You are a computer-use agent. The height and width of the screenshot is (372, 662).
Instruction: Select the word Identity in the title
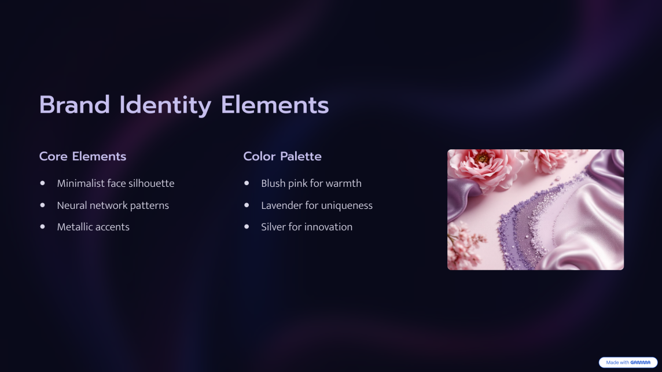pyautogui.click(x=165, y=105)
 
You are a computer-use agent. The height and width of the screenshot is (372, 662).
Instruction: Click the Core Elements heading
pyautogui.click(x=83, y=156)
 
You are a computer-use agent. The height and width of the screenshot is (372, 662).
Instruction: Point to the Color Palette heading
pyautogui.click(x=282, y=156)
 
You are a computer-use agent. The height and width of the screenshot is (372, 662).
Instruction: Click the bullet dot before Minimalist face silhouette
pyautogui.click(x=43, y=183)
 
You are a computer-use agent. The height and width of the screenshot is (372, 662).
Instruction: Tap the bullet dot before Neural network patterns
pyautogui.click(x=43, y=205)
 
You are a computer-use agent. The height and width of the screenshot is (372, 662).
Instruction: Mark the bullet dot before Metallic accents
pyautogui.click(x=43, y=226)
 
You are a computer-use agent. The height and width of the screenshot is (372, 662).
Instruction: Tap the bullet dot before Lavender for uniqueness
pyautogui.click(x=247, y=205)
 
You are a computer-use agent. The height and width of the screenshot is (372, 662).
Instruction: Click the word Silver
pyautogui.click(x=273, y=227)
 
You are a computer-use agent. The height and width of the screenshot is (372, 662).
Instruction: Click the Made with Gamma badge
pyautogui.click(x=628, y=362)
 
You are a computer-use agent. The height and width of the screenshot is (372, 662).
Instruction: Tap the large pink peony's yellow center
pyautogui.click(x=481, y=159)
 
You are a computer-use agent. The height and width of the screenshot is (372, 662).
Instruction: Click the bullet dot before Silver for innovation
pyautogui.click(x=247, y=226)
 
